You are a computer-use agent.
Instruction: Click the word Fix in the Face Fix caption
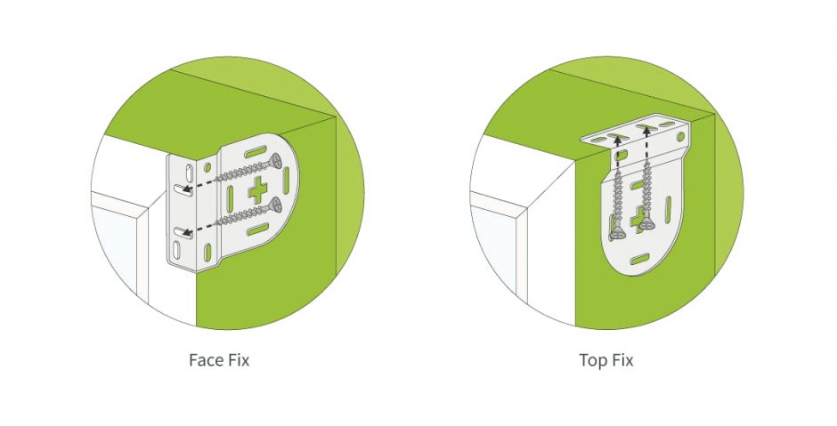coord(239,360)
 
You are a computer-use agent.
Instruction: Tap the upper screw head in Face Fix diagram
coord(276,161)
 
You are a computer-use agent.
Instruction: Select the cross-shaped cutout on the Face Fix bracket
coord(259,189)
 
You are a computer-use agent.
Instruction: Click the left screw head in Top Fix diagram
coord(616,232)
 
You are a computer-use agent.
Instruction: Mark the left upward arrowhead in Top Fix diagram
coord(616,155)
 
